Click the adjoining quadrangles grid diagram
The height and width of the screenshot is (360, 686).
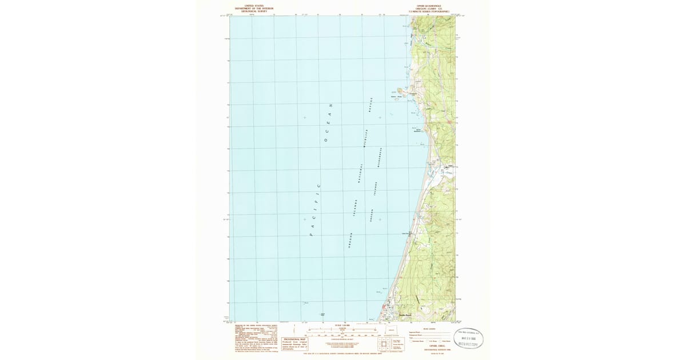point(384,345)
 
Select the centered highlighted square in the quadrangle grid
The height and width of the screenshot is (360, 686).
point(384,345)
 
